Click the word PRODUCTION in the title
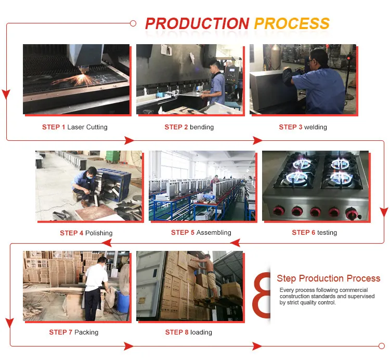coord(197,23)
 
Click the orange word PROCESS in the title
coord(291,23)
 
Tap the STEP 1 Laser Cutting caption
coord(75,127)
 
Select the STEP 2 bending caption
coord(189,127)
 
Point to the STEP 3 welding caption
coord(303,127)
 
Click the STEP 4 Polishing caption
coord(86,233)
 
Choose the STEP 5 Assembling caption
coord(201,233)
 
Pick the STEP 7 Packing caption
coord(74,332)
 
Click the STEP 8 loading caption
coord(188,332)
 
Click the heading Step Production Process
coord(328,279)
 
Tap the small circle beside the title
coord(133,23)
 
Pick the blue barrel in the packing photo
coord(122,301)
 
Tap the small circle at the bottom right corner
coord(382,345)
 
